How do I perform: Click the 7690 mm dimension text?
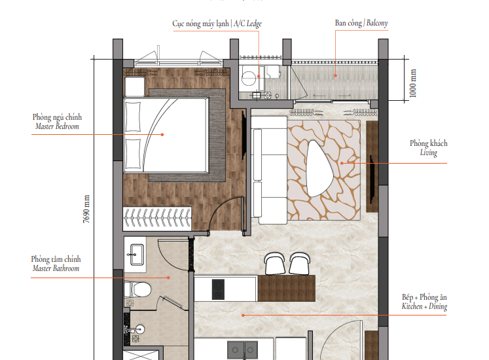pos(86,209)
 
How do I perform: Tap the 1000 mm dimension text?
pos(412,83)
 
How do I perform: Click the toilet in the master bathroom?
pos(137,290)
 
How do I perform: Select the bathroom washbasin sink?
pos(137,255)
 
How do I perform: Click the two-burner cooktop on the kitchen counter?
pos(218,289)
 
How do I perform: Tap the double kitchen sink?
pos(243,350)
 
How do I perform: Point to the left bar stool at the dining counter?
pos(275,263)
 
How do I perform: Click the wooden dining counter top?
pos(286,288)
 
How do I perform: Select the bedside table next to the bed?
pos(135,86)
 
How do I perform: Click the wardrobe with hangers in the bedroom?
pos(157,218)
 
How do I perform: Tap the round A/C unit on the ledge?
pos(249,77)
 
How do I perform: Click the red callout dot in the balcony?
pos(336,75)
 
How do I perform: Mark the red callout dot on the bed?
pos(162,134)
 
